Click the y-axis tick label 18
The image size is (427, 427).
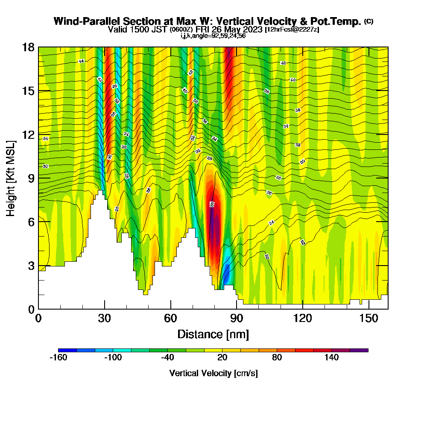pyautogui.click(x=28, y=47)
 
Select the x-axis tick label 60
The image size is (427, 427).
pyautogui.click(x=170, y=319)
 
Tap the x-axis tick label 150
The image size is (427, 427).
pyautogui.click(x=368, y=319)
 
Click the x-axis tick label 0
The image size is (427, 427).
pyautogui.click(x=38, y=319)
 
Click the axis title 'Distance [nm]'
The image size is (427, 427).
pyautogui.click(x=213, y=334)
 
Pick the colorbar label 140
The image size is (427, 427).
pyautogui.click(x=331, y=357)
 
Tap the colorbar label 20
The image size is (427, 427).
pyautogui.click(x=222, y=357)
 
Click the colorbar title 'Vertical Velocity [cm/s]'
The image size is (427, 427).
pyautogui.click(x=213, y=373)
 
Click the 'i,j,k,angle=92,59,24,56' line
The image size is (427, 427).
pyautogui.click(x=213, y=35)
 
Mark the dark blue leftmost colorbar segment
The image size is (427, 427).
pyautogui.click(x=67, y=350)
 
